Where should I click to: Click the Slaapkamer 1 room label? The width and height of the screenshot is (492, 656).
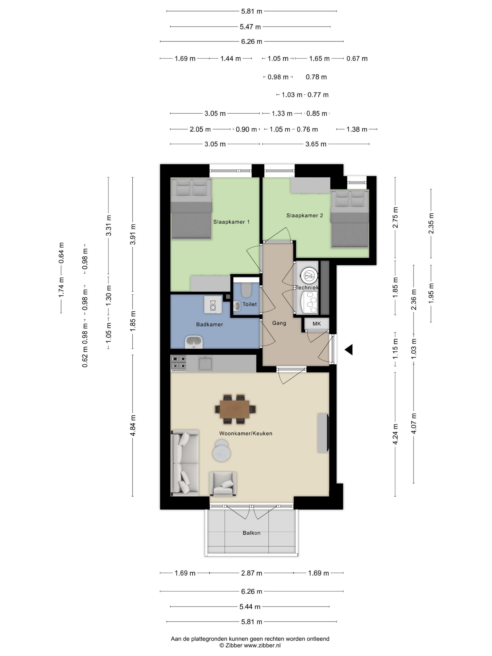[231, 222]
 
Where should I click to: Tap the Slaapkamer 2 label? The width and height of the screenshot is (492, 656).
[304, 216]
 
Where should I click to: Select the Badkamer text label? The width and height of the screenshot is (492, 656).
[209, 324]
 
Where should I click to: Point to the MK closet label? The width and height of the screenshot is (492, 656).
[317, 324]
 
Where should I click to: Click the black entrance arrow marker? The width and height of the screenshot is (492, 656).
[349, 350]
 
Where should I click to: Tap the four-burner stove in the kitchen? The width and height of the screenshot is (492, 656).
[179, 363]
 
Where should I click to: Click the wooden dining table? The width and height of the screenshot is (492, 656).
[235, 409]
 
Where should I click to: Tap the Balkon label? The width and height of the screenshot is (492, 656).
[251, 533]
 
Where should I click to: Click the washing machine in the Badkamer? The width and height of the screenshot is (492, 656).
[213, 305]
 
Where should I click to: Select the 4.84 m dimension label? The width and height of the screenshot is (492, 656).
[133, 425]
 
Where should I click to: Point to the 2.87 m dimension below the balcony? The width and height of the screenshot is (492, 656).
[251, 573]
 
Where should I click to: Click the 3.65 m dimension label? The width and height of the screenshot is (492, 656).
[316, 144]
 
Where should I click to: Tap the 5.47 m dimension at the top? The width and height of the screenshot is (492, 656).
[250, 27]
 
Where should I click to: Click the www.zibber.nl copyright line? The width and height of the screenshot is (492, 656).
[250, 645]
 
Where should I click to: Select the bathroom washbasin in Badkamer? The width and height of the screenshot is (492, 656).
[194, 342]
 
